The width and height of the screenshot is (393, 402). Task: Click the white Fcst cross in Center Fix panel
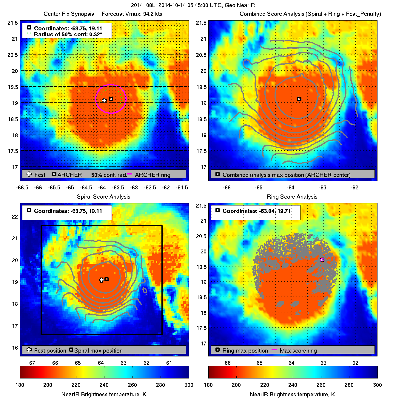104,101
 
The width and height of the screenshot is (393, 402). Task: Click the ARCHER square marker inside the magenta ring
111,99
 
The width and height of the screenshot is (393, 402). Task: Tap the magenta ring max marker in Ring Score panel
322,260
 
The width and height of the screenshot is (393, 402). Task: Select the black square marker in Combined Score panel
299,99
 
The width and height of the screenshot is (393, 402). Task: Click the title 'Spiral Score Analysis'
104,197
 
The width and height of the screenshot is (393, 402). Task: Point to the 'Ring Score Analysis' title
292,197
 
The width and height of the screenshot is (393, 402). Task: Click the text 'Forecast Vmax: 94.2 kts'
132,14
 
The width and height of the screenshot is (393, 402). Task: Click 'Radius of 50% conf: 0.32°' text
68,35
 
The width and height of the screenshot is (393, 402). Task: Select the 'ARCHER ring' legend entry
152,175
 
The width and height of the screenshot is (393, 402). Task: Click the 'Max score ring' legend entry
298,350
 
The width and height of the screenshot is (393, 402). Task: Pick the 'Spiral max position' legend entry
98,350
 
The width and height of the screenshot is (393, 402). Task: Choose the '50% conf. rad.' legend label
109,175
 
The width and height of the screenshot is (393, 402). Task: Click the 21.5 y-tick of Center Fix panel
13,23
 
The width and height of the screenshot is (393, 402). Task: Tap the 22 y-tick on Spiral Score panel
15,216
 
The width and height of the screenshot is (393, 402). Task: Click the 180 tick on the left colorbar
20,385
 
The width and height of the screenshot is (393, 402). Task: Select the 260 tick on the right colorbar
321,385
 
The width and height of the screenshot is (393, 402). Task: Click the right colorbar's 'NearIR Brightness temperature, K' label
292,394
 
